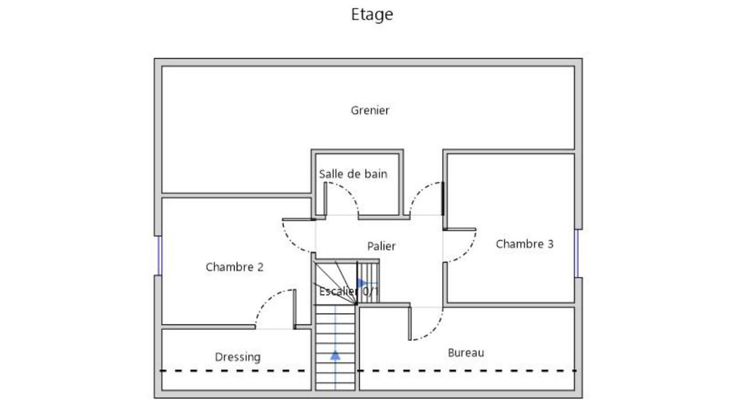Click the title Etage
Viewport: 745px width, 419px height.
coord(372,15)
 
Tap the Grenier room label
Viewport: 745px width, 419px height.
coord(370,111)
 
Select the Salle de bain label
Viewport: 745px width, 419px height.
coord(353,174)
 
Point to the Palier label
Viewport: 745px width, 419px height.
coord(381,246)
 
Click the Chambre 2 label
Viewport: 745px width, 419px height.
coord(235,267)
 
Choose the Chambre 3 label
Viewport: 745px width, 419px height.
coord(524,244)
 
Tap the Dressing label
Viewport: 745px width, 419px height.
coord(237,357)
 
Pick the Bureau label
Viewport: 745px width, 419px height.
coord(466,353)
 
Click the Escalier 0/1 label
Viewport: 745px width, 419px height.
coord(349,292)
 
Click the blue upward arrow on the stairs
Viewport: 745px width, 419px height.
coord(335,356)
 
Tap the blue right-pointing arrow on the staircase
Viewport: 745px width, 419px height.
coord(362,283)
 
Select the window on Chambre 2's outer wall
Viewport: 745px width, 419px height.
coord(159,255)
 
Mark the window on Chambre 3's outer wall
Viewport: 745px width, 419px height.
coord(577,253)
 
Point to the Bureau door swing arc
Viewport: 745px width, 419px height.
coord(434,331)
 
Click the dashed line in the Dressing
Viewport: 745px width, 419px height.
coord(233,371)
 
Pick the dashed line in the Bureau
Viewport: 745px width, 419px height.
coord(466,371)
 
